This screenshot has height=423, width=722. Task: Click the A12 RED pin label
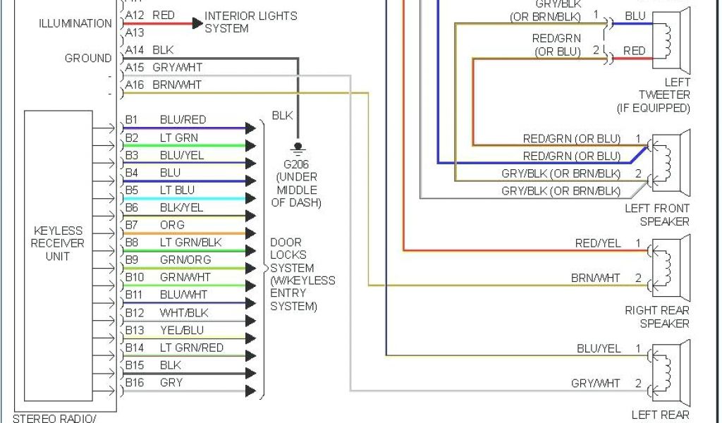pos(149,16)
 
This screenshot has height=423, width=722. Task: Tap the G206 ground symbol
pos(298,149)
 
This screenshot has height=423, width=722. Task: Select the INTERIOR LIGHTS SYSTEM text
pos(250,22)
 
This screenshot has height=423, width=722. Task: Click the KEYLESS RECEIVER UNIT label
pos(58,243)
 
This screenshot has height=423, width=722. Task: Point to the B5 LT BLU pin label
pos(159,190)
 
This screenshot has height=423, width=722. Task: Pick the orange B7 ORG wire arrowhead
pos(250,233)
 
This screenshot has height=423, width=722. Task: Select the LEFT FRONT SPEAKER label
pos(657,215)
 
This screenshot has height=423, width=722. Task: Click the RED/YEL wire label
pos(598,244)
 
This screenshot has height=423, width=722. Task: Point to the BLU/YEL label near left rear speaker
pos(599,348)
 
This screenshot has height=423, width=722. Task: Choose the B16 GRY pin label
pos(154,383)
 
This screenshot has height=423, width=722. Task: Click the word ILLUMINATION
pos(75,23)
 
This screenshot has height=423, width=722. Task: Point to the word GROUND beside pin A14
pos(88,59)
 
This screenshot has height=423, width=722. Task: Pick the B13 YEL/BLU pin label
pos(164,330)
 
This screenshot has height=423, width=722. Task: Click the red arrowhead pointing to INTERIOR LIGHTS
pos(197,23)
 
